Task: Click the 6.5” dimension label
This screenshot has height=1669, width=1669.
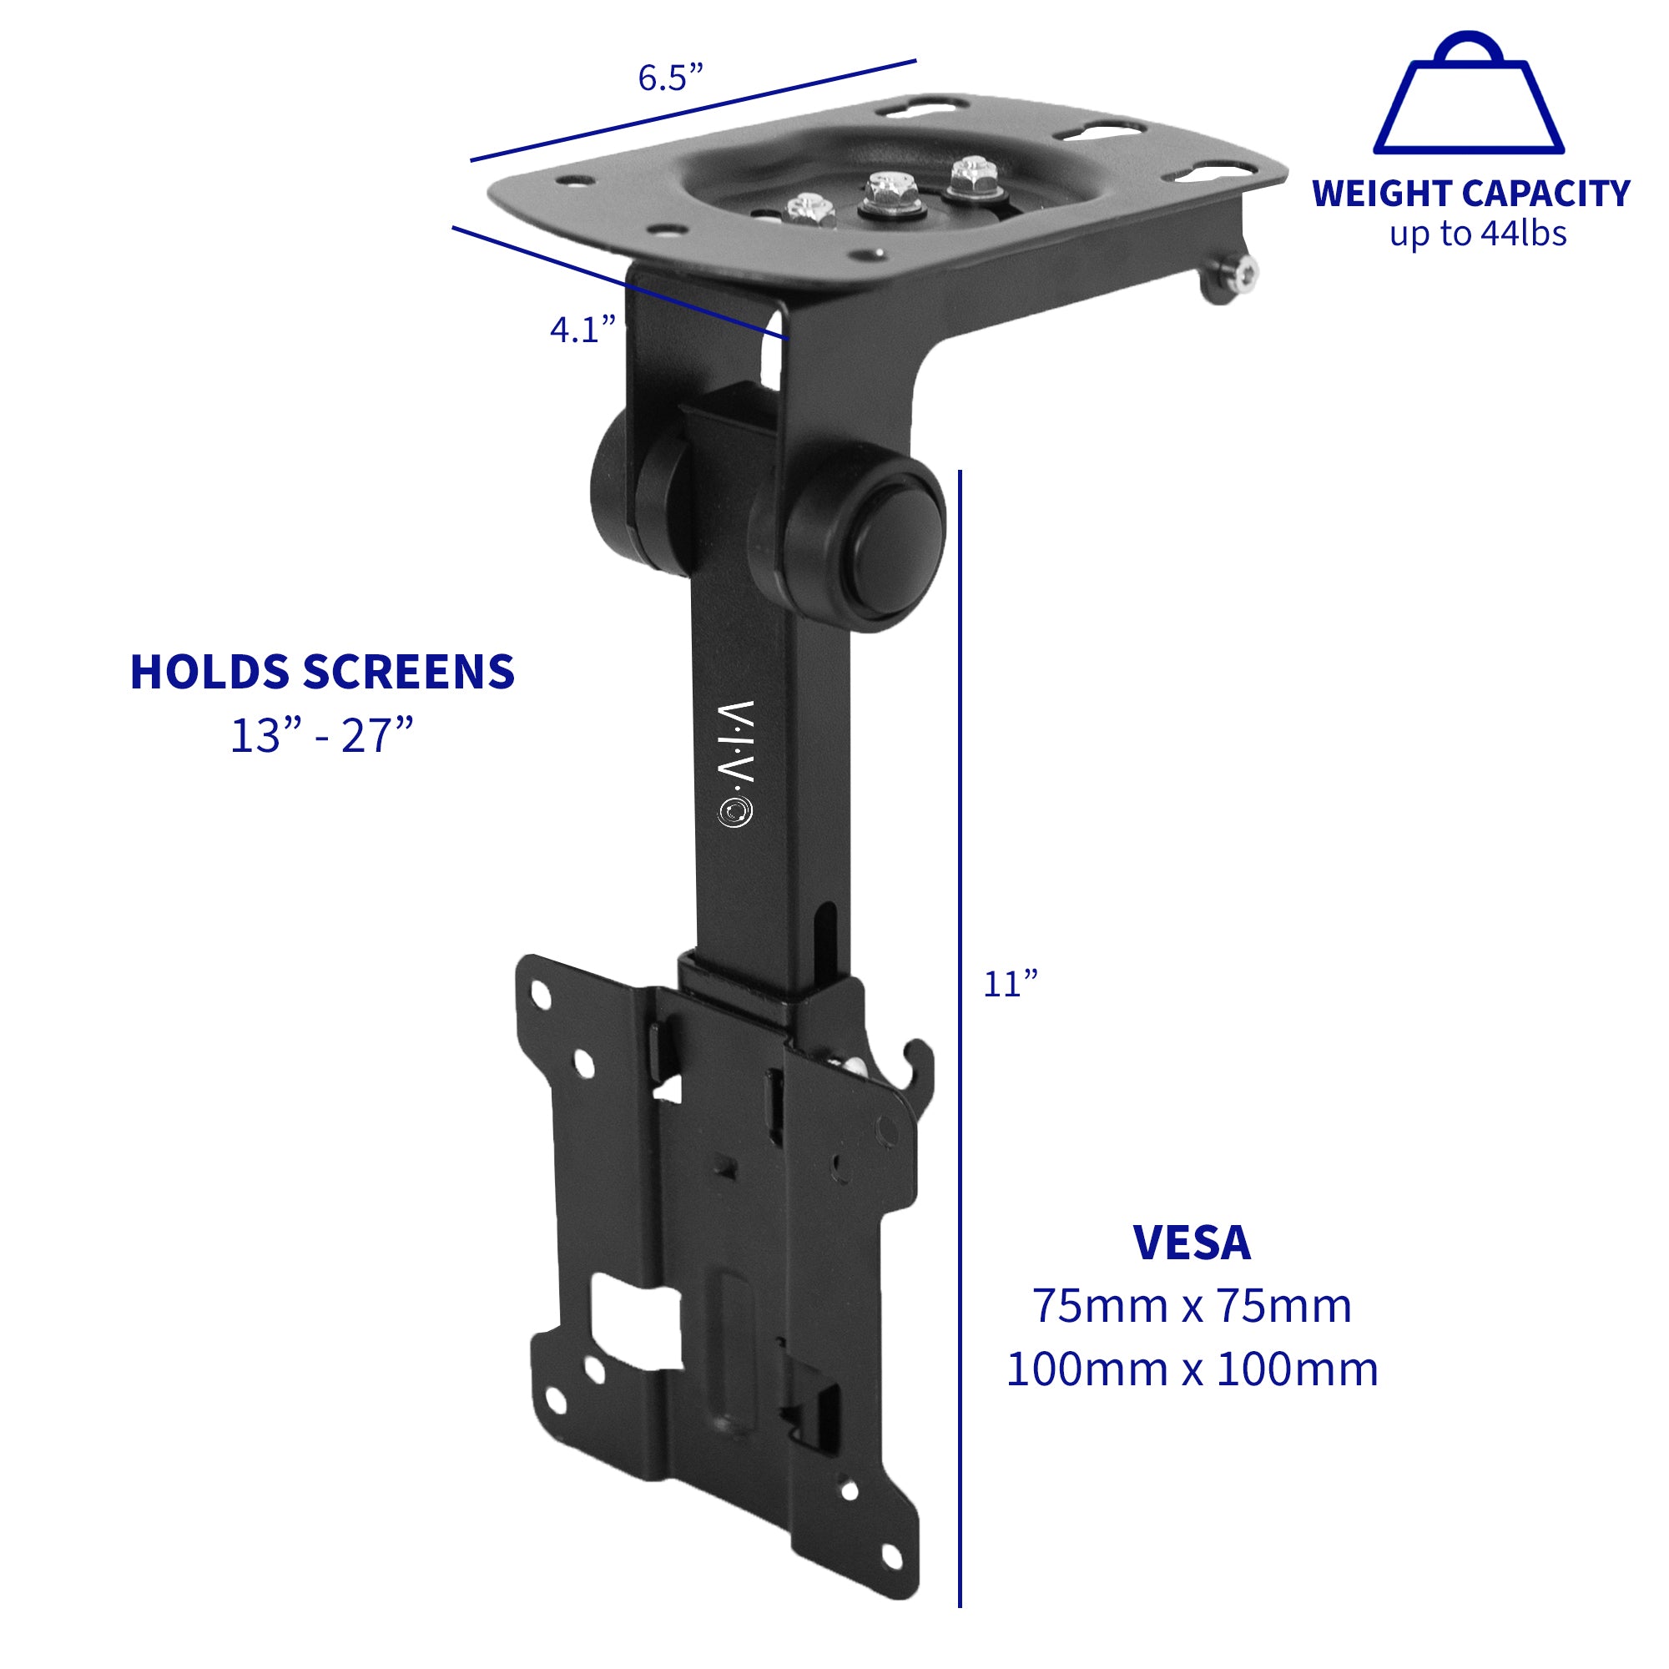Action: click(670, 78)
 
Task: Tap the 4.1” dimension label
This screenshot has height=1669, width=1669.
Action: click(582, 329)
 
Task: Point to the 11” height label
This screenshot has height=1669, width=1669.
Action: click(1010, 984)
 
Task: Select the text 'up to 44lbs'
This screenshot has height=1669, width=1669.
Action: click(1477, 234)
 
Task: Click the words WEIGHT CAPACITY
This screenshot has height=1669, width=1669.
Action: click(1470, 194)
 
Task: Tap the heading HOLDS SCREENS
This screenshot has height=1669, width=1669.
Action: click(322, 672)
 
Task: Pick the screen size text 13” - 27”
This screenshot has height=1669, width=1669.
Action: click(322, 736)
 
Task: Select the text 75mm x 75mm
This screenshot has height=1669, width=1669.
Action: click(1192, 1306)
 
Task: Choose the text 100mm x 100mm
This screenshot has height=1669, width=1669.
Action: click(1192, 1369)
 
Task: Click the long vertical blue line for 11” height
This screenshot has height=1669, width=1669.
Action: click(960, 1036)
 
